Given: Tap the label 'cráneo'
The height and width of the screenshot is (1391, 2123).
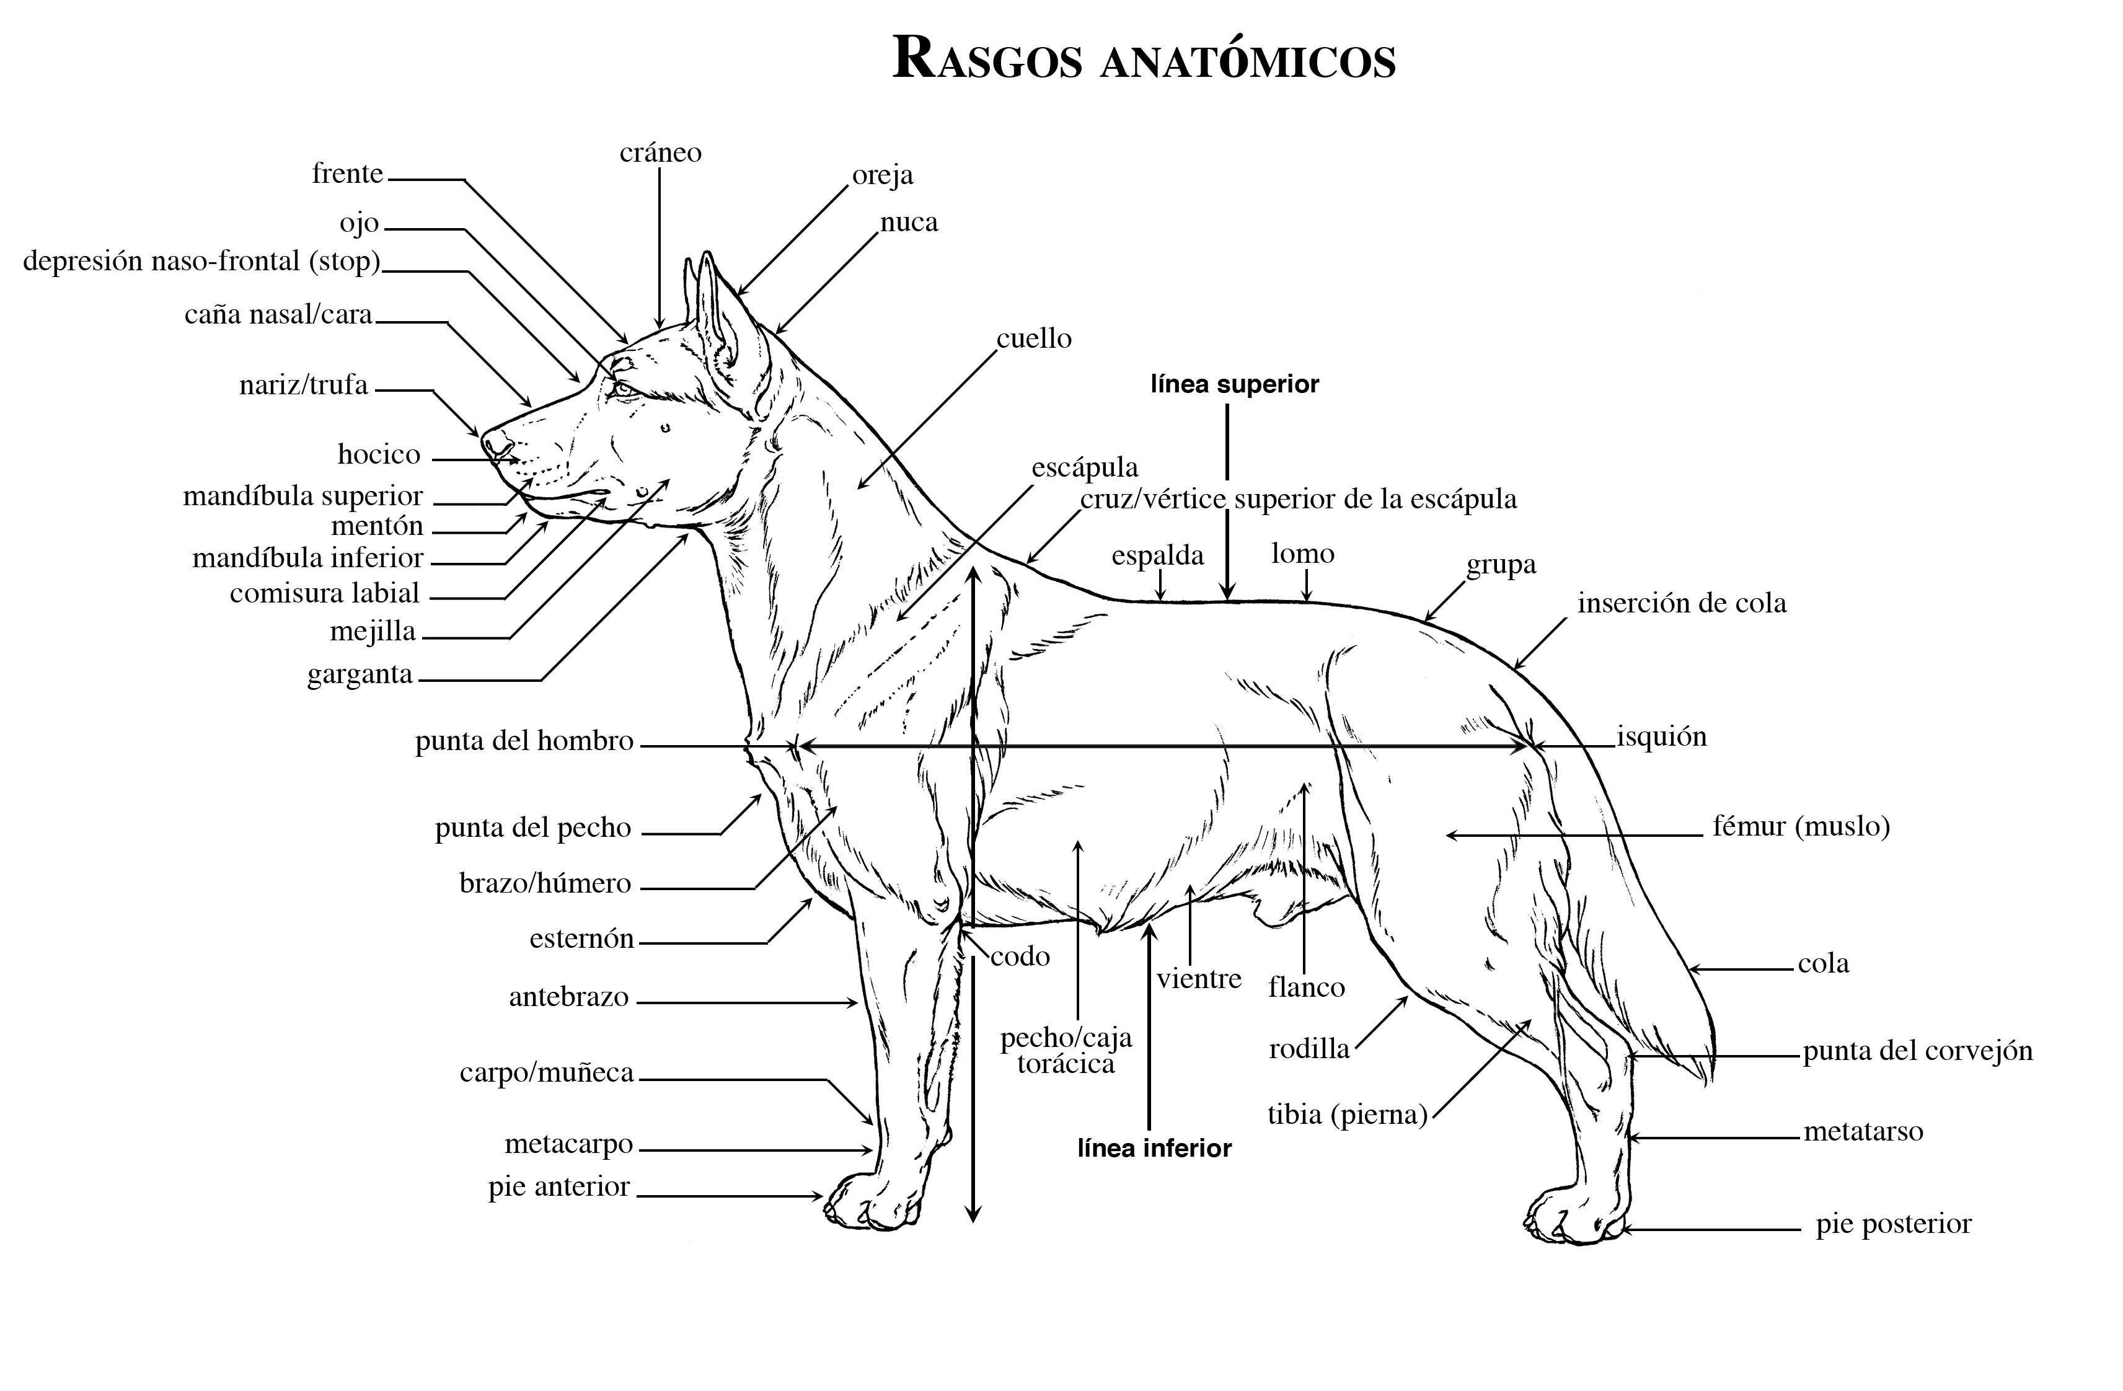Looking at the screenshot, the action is [660, 152].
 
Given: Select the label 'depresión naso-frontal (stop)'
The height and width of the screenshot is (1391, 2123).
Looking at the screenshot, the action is [201, 262].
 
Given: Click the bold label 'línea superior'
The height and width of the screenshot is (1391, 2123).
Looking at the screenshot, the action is [1235, 384].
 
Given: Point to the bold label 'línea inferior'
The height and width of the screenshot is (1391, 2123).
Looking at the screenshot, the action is [1154, 1148].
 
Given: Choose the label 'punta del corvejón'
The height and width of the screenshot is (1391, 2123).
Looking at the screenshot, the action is [1918, 1052].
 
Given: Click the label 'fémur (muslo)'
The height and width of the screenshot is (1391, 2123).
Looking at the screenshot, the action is [1801, 826].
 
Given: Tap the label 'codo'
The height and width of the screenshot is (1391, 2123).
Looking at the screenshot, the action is [1020, 956].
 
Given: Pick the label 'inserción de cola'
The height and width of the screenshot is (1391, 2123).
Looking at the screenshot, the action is [1682, 603].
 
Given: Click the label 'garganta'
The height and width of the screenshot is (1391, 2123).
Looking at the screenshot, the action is [360, 674].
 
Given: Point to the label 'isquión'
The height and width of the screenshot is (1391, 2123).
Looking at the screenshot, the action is [1662, 737].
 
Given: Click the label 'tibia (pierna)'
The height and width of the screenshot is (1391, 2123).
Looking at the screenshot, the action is [1347, 1115].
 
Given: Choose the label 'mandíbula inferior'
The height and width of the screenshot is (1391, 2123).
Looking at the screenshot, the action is [307, 559].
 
